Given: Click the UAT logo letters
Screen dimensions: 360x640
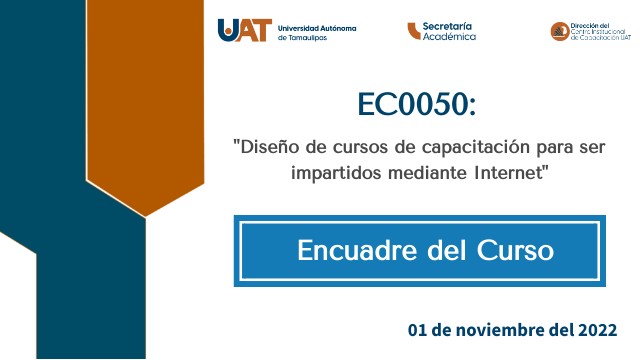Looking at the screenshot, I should (244, 31).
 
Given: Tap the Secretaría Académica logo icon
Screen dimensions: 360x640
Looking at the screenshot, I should (413, 31).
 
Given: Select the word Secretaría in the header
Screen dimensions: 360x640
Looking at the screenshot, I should (449, 26).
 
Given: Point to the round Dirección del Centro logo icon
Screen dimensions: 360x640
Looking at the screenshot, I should (560, 32).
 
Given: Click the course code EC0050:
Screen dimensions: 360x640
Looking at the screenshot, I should (418, 105).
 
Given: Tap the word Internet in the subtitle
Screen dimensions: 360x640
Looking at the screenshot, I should (510, 172).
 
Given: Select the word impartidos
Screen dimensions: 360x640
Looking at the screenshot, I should (335, 172).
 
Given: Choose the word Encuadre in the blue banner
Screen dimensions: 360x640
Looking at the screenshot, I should (354, 250).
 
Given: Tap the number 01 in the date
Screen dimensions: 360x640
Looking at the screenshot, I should (418, 329).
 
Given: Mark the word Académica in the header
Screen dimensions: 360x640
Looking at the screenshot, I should (450, 37).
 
